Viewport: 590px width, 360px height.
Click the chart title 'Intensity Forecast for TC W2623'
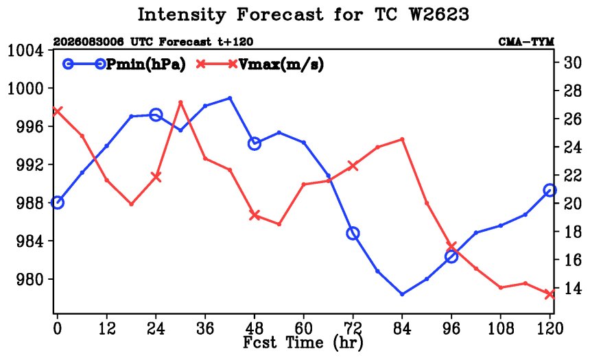(x=303, y=15)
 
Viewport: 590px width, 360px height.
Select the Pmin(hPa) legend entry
(x=124, y=64)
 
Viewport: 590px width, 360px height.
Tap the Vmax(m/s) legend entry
(x=260, y=64)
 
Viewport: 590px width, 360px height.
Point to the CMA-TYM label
(x=526, y=42)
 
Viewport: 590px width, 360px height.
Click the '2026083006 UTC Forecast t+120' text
(x=153, y=42)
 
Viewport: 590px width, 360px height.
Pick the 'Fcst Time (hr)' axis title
(x=303, y=343)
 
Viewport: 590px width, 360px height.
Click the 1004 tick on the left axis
(x=25, y=50)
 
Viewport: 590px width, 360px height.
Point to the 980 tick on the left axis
(x=29, y=279)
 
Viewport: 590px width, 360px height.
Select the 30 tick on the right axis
(x=572, y=62)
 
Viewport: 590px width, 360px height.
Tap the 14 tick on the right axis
(x=572, y=288)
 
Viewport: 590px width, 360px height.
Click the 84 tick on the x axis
(x=402, y=328)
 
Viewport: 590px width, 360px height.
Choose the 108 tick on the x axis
(x=500, y=328)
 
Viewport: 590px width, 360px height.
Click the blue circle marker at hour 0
(x=57, y=202)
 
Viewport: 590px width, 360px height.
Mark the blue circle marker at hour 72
(x=353, y=233)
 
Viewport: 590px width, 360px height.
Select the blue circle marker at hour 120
(x=550, y=191)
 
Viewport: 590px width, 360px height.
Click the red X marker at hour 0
(x=57, y=111)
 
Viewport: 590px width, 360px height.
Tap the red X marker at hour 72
(x=353, y=165)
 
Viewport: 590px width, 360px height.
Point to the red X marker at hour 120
(x=550, y=294)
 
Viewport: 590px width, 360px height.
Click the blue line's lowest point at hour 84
(x=402, y=294)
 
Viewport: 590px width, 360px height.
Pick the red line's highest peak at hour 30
(x=180, y=102)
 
